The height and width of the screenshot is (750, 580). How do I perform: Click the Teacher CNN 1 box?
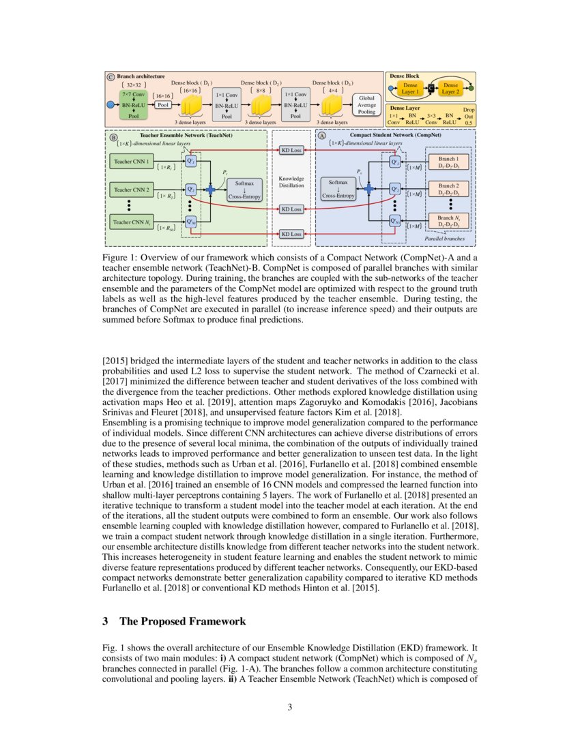pyautogui.click(x=132, y=162)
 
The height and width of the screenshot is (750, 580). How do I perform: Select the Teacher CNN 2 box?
pyautogui.click(x=132, y=189)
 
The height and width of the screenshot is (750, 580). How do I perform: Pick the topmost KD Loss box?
pyautogui.click(x=291, y=149)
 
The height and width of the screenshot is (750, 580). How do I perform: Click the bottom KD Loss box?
pyautogui.click(x=291, y=234)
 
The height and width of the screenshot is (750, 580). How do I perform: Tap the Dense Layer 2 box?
pyautogui.click(x=450, y=88)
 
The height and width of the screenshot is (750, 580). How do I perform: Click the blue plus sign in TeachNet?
pyautogui.click(x=210, y=188)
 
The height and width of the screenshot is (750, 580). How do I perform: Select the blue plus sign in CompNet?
pyautogui.click(x=369, y=188)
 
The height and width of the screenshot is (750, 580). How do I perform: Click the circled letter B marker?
pyautogui.click(x=113, y=136)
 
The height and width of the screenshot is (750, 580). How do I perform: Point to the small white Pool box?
pyautogui.click(x=163, y=105)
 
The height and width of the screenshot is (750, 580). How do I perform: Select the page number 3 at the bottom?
pyautogui.click(x=289, y=707)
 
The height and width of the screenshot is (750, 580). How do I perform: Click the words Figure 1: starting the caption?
pyautogui.click(x=121, y=257)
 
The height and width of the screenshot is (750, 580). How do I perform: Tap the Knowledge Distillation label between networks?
pyautogui.click(x=291, y=181)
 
